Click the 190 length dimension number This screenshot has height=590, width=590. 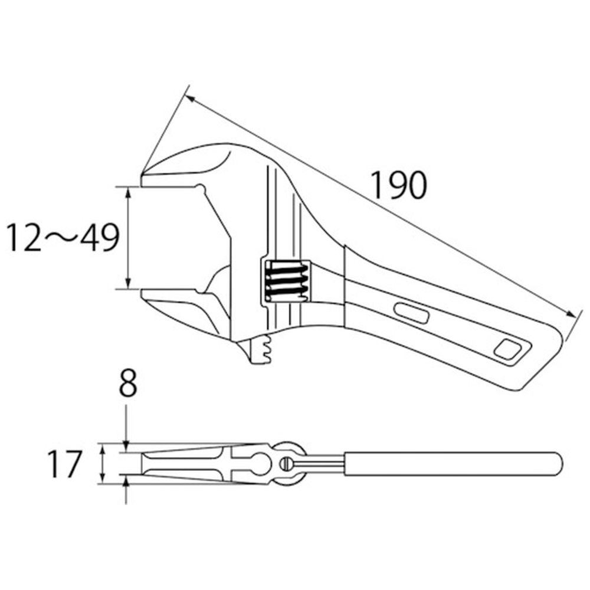point(399,185)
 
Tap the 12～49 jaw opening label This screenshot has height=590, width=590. point(63,238)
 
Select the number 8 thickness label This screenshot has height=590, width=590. point(127,383)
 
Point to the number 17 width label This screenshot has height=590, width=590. point(64,464)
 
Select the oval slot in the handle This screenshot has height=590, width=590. point(412,313)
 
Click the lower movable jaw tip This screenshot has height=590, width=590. point(143,294)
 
